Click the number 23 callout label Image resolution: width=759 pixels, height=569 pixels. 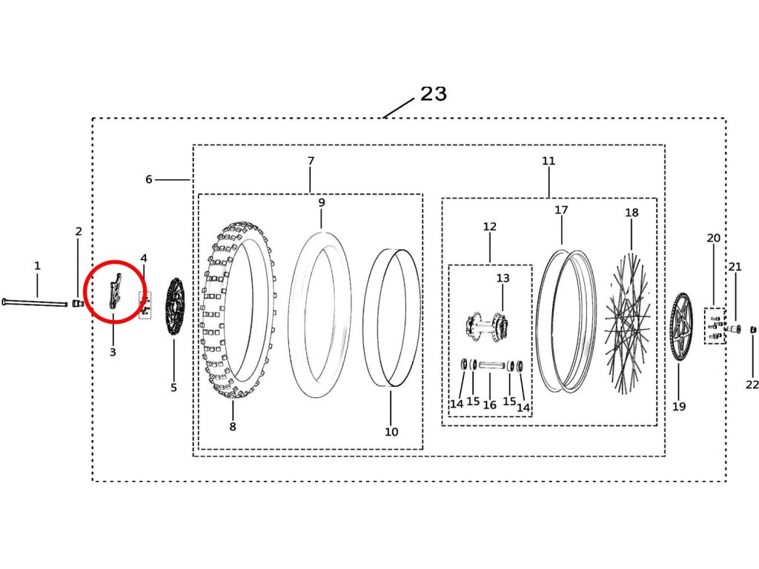[x=434, y=94]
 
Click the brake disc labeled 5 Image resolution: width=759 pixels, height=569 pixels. [x=175, y=308]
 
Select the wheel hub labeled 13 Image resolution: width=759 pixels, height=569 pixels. [x=486, y=325]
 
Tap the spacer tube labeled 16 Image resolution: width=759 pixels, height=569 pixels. [x=490, y=365]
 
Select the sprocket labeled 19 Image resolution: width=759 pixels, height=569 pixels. [x=681, y=327]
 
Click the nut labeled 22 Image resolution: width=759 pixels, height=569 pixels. [x=753, y=329]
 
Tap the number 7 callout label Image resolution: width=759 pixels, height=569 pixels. [x=311, y=161]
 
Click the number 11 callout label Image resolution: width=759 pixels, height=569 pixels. [x=548, y=161]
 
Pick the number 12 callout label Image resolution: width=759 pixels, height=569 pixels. [x=490, y=227]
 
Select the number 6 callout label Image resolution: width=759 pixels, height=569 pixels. [x=148, y=179]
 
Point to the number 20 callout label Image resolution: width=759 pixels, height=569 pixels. [x=713, y=239]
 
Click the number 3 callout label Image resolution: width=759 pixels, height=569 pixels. [x=113, y=352]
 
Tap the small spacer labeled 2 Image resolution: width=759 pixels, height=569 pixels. [x=78, y=302]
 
